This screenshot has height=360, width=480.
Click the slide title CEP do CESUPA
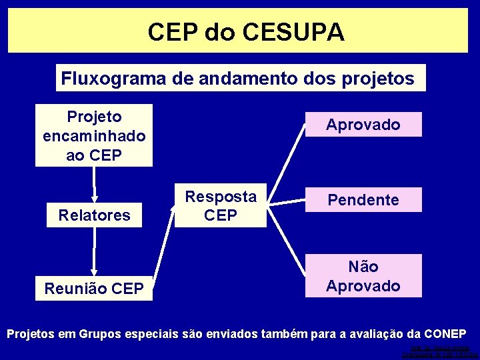[246, 31]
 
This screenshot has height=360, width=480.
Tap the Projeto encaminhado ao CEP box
[94, 135]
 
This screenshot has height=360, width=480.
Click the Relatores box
[94, 215]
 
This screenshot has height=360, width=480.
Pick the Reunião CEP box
[94, 288]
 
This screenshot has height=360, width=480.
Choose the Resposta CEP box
[221, 205]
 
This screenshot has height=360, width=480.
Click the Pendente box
[363, 200]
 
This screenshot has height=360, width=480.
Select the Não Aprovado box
[363, 276]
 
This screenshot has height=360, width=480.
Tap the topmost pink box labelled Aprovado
[363, 125]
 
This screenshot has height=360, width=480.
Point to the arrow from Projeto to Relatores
[95, 184]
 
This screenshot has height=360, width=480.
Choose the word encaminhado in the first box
[94, 136]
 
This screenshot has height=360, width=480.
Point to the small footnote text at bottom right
[440, 351]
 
